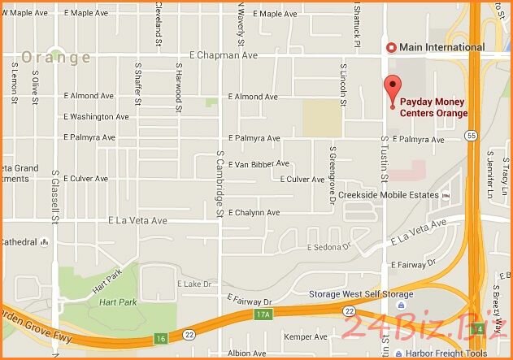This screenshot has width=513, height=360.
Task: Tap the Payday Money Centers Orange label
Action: coord(433,108)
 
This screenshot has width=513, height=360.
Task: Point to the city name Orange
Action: coord(56,58)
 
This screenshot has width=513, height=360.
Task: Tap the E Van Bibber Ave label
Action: coord(259,163)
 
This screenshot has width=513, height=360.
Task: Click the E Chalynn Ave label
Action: coord(254,213)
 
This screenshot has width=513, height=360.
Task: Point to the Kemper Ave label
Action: coord(304,336)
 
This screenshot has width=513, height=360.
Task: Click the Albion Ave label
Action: coord(247,353)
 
